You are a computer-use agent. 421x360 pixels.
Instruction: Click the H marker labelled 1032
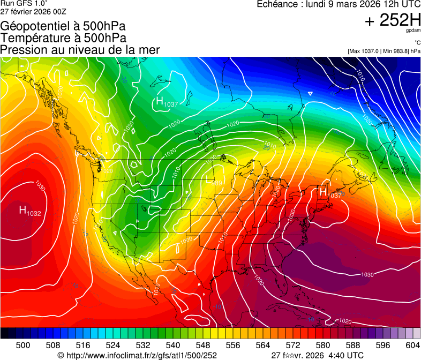[x=23, y=209]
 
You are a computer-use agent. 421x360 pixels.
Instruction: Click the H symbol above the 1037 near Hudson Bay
[x=159, y=101]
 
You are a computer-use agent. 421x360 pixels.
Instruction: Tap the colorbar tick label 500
[x=23, y=345]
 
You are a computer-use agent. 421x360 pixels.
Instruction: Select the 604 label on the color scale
[x=412, y=345]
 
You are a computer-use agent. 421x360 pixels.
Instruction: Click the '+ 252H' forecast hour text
[x=392, y=21]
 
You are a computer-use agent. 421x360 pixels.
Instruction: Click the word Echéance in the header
[x=279, y=4]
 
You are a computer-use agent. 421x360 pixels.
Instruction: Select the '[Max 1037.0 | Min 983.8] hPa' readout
[x=384, y=51]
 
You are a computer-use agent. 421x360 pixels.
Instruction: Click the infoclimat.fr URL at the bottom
[x=140, y=355]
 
